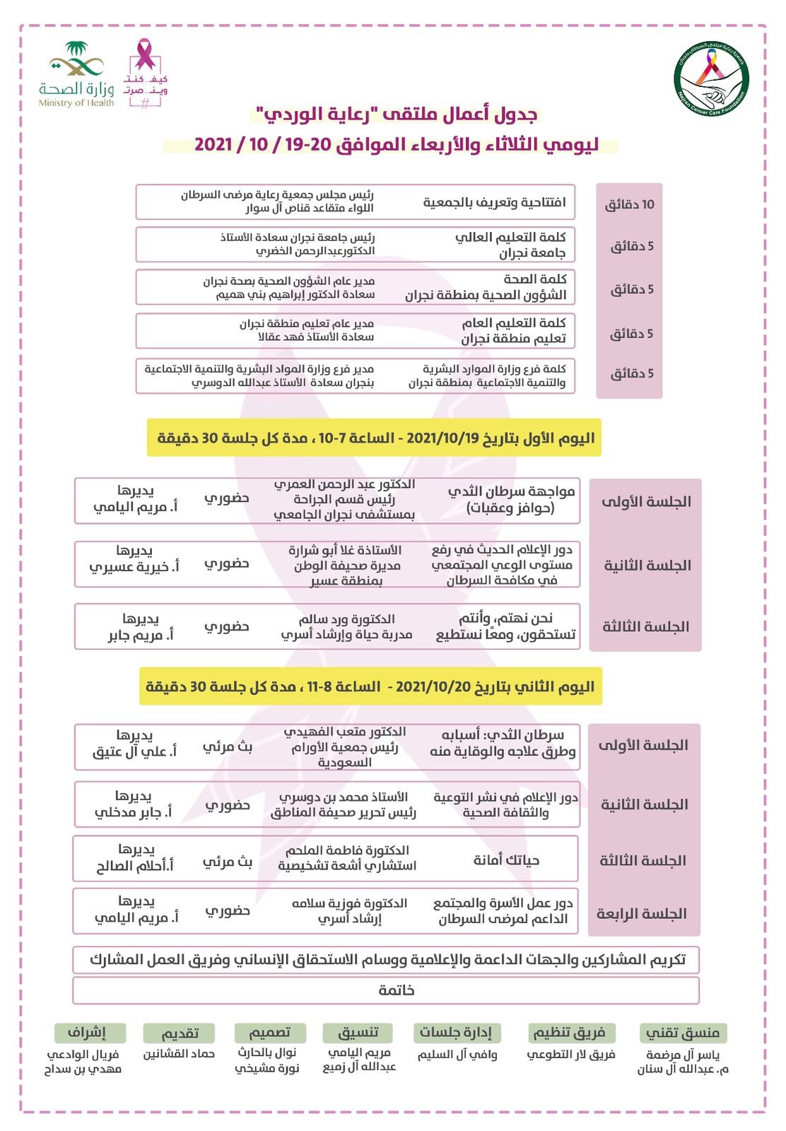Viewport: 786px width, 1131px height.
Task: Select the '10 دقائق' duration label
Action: pyautogui.click(x=629, y=205)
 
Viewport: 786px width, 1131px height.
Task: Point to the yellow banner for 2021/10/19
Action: pyautogui.click(x=375, y=438)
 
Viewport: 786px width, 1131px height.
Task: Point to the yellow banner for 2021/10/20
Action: pyautogui.click(x=370, y=686)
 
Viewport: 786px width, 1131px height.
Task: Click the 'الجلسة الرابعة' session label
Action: pyautogui.click(x=642, y=914)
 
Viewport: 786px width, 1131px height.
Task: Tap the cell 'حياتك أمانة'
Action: pyautogui.click(x=506, y=860)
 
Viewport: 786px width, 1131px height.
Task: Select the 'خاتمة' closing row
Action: pyautogui.click(x=386, y=990)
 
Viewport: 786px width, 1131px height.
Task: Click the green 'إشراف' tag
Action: pyautogui.click(x=89, y=1033)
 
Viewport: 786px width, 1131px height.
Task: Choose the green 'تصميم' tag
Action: pyautogui.click(x=270, y=1033)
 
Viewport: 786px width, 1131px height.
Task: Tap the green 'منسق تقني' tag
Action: pyautogui.click(x=682, y=1033)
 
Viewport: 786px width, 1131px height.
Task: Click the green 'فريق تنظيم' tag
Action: pyautogui.click(x=570, y=1033)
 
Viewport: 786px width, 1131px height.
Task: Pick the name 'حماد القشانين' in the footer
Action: pyautogui.click(x=180, y=1054)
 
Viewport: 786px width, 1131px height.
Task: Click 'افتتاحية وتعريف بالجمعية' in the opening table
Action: pyautogui.click(x=495, y=203)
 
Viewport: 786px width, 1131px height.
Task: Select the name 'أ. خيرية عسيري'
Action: pyautogui.click(x=134, y=567)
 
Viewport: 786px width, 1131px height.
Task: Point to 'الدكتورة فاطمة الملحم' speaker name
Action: pyautogui.click(x=348, y=850)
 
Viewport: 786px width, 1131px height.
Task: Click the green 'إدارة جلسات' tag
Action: pyautogui.click(x=456, y=1033)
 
